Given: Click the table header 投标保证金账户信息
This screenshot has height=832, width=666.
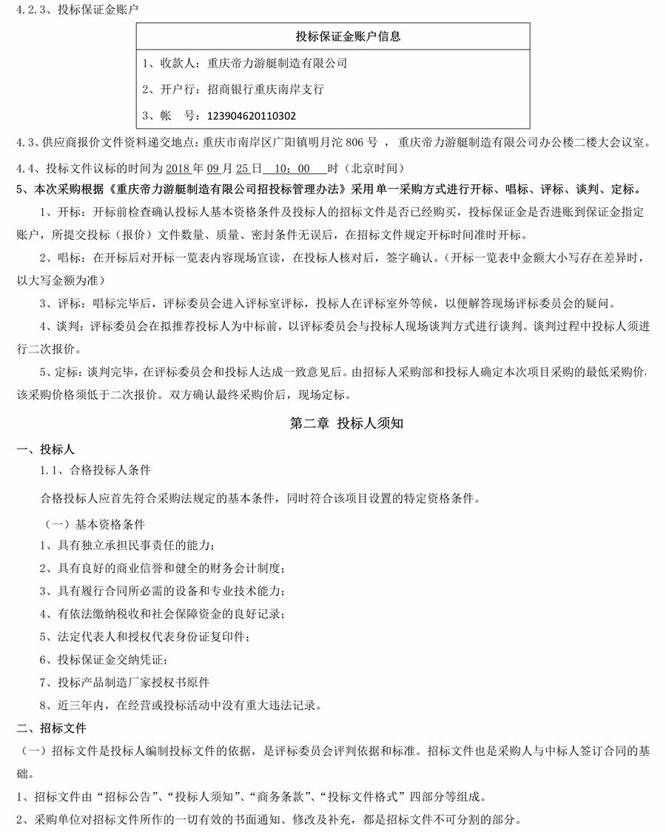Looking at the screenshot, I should pos(333,36).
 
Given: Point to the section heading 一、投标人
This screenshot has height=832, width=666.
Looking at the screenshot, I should pos(46,449).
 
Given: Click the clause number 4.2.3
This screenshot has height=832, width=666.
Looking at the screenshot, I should pos(30,10).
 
